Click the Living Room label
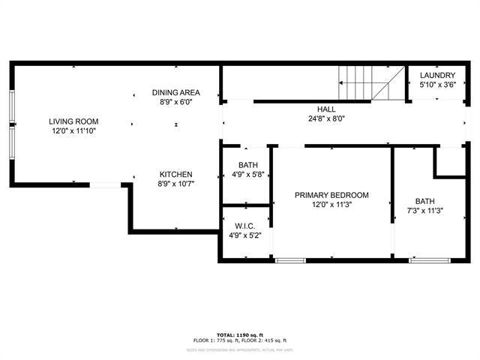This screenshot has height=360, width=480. click(x=73, y=121)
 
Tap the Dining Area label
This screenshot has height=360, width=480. click(x=176, y=93)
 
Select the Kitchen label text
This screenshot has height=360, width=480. click(x=175, y=174)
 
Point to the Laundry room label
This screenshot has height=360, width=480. click(x=437, y=76)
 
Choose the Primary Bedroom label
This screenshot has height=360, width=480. click(x=331, y=195)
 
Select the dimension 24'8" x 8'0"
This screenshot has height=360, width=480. click(x=326, y=118)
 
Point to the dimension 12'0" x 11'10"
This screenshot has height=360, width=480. click(x=73, y=130)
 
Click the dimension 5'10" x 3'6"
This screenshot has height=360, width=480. click(x=437, y=85)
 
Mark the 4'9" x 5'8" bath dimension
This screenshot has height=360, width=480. click(x=247, y=174)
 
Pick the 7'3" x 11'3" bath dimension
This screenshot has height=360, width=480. click(x=425, y=210)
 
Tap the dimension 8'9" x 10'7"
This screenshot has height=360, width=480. click(x=175, y=183)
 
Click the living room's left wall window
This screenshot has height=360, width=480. click(x=12, y=124)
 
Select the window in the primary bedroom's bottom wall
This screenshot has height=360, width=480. click(x=290, y=260)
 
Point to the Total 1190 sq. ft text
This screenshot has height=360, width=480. click(x=239, y=334)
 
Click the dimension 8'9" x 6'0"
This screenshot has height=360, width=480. click(x=176, y=102)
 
